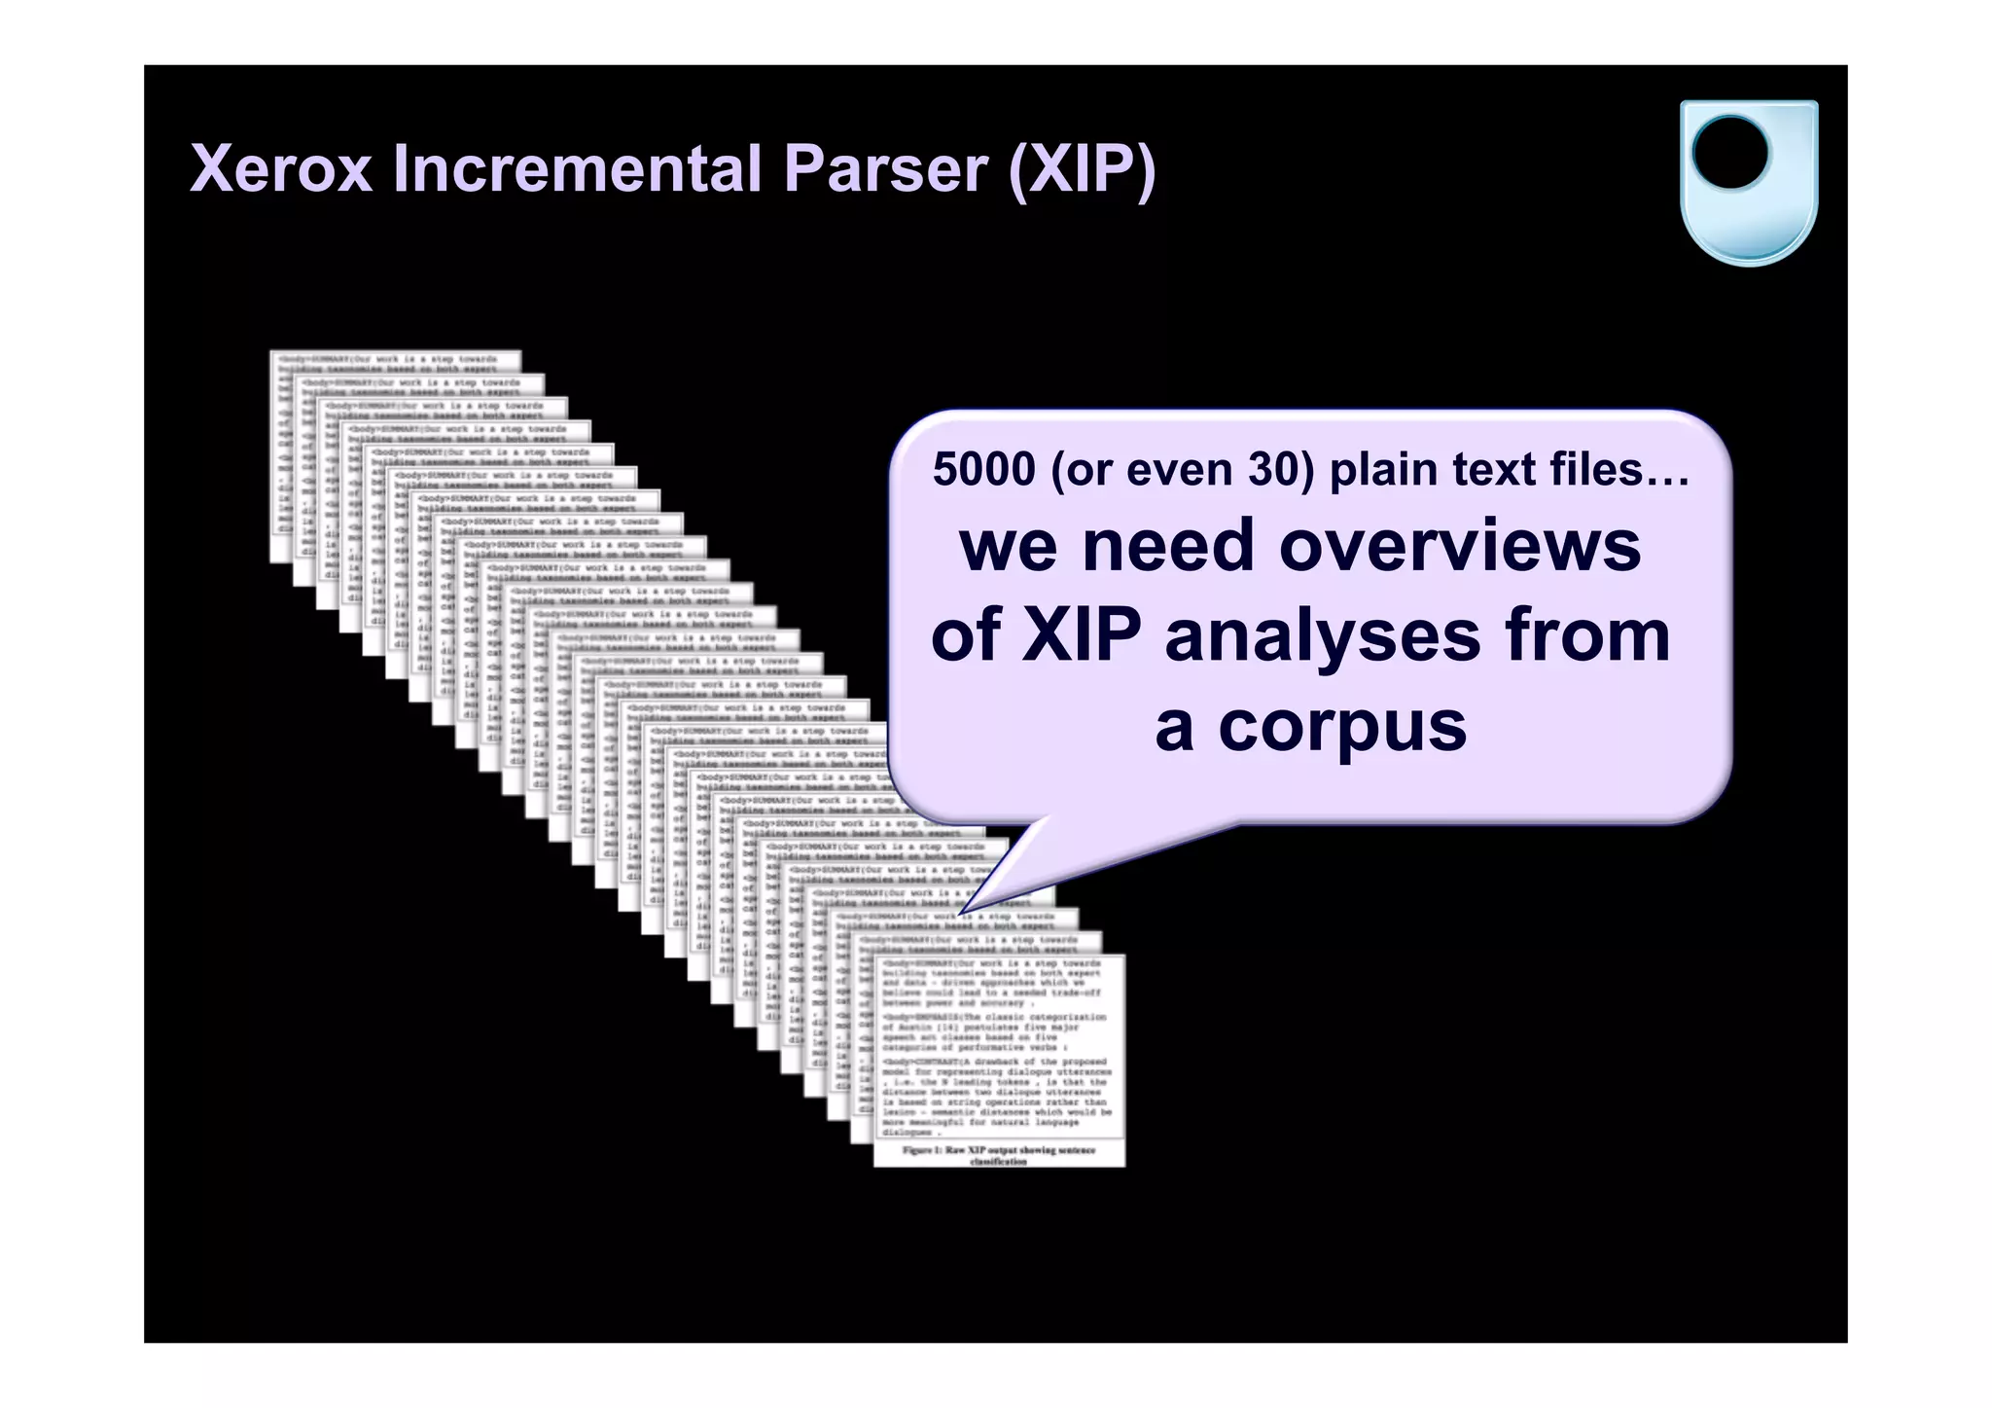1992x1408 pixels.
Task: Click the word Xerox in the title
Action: pos(281,169)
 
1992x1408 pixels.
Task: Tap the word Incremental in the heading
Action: pos(578,169)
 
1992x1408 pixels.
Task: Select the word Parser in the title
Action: pos(885,169)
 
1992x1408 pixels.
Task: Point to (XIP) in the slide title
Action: pos(1082,169)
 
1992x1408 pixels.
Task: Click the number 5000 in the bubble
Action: pos(983,470)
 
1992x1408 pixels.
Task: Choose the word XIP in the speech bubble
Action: pos(1081,635)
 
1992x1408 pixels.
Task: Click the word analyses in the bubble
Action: pos(1323,637)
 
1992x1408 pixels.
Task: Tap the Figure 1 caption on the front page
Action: pos(999,1155)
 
